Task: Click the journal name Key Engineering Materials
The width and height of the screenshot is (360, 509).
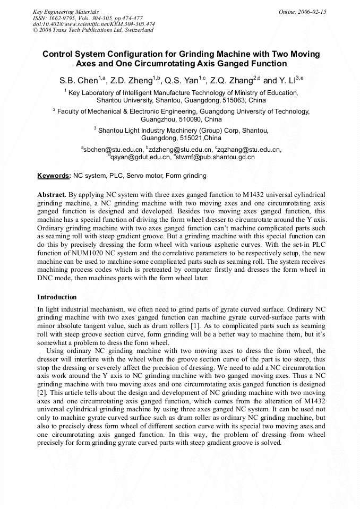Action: click(65, 11)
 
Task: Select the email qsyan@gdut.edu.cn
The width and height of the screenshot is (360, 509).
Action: click(140, 157)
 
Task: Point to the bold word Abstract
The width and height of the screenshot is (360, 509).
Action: click(52, 195)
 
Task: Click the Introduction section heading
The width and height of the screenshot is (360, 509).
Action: click(57, 297)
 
